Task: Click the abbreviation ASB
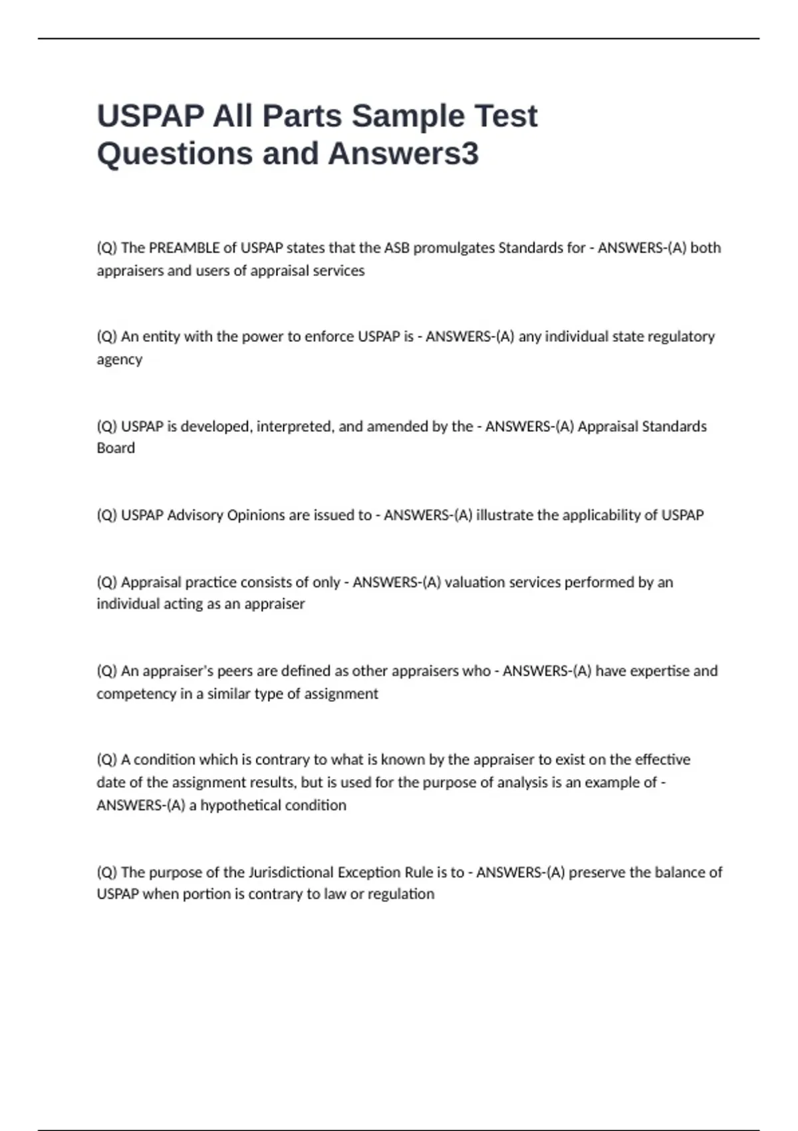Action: point(397,248)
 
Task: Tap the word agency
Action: point(120,360)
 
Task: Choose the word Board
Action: point(116,448)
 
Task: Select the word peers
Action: point(237,671)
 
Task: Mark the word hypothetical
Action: point(244,806)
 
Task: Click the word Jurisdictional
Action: point(291,872)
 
